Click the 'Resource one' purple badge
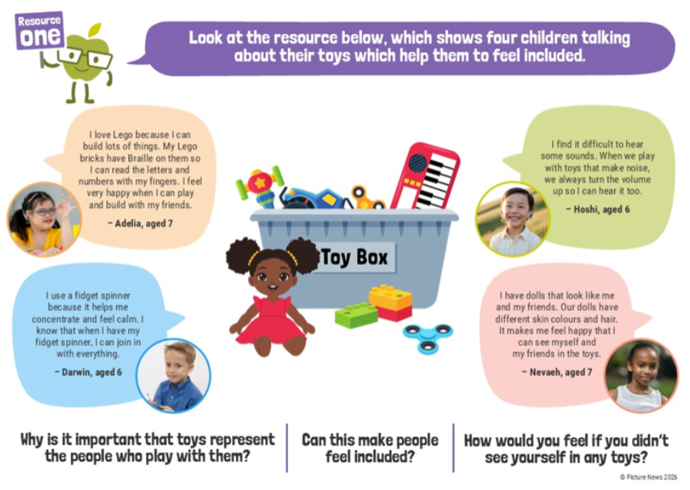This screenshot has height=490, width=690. (39, 31)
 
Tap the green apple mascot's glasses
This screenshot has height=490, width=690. (85, 57)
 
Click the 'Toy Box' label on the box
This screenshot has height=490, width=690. (355, 257)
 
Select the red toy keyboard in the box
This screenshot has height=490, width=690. (426, 176)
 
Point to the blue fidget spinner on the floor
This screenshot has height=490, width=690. (428, 337)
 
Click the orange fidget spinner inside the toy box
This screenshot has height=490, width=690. (367, 197)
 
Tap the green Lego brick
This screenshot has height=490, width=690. (356, 314)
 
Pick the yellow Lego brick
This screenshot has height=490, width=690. (390, 297)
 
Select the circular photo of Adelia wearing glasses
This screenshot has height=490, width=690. (44, 218)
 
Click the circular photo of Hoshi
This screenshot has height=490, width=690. (513, 218)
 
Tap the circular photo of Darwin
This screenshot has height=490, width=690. (173, 376)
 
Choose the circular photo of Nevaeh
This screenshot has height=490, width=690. (641, 376)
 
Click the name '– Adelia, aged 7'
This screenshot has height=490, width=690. (140, 223)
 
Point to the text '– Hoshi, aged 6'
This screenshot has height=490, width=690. (597, 210)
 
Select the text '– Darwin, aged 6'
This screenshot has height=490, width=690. (89, 372)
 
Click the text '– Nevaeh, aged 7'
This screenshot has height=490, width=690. (557, 372)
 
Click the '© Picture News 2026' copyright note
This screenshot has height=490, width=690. (649, 477)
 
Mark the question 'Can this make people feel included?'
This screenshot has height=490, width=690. (370, 448)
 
